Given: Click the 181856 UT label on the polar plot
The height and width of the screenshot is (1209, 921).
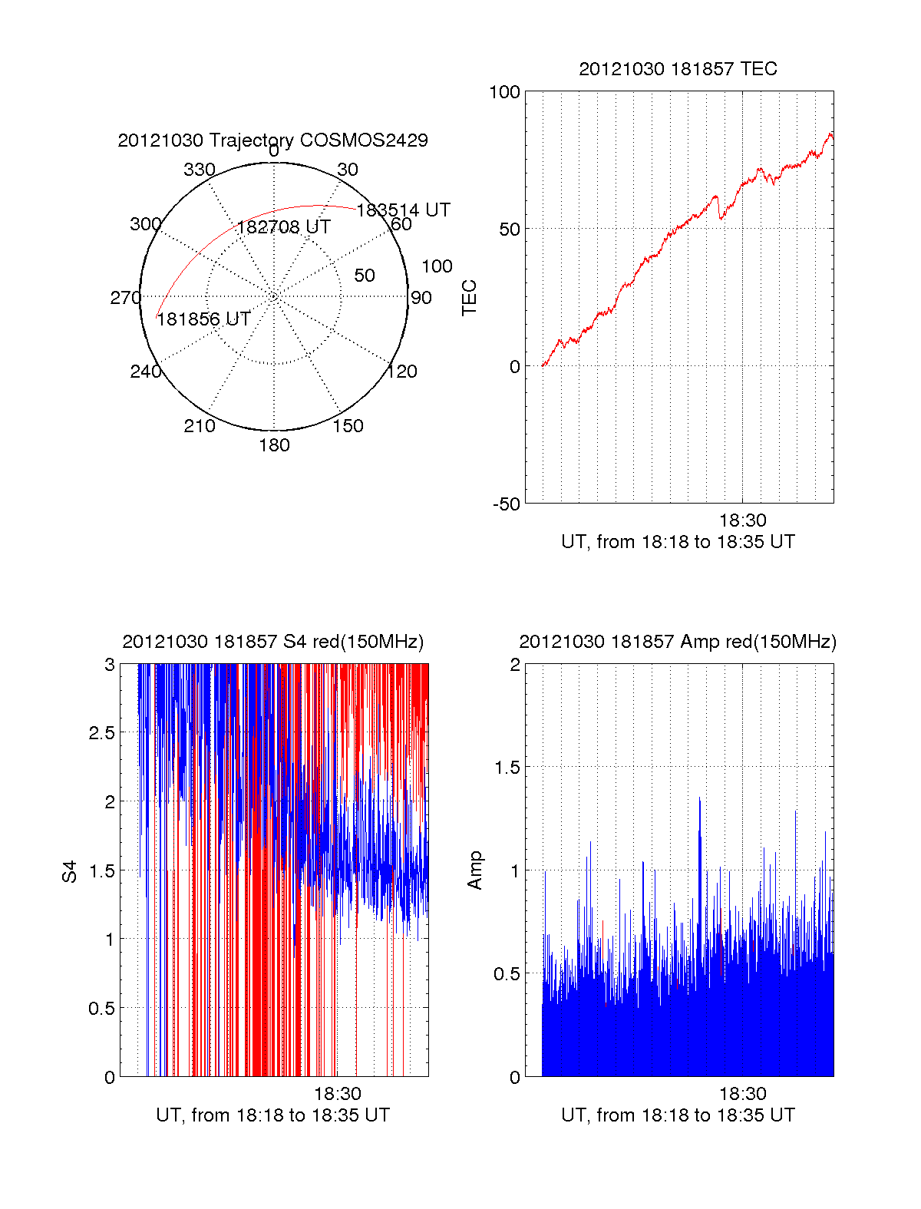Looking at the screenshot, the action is (203, 319).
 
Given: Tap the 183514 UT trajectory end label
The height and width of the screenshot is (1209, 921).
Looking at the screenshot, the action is (403, 210).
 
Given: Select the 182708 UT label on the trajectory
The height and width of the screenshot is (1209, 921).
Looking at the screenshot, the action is (283, 227).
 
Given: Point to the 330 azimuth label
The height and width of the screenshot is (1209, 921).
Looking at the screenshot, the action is (200, 170).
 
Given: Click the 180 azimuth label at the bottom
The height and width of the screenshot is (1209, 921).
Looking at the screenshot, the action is (274, 445).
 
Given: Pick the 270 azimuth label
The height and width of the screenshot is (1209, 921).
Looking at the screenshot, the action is (126, 297).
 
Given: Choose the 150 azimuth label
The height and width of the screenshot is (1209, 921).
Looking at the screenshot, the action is (348, 426).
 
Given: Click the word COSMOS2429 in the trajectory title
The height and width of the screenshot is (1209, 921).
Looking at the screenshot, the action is (364, 140).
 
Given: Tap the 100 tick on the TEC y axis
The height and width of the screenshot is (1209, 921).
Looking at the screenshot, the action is (504, 92).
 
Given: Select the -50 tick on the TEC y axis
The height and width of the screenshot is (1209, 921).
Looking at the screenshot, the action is (507, 504).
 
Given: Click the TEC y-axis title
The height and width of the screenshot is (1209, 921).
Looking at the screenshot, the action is (469, 297).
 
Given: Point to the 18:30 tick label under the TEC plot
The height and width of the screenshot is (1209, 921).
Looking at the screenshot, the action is (743, 520).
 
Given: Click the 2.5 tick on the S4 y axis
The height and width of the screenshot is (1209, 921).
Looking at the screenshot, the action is (102, 733).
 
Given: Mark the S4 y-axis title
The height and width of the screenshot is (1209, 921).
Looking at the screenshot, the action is (69, 871).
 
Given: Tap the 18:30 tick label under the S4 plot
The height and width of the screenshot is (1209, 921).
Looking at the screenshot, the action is (338, 1093).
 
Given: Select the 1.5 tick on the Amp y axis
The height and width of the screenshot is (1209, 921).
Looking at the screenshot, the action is (507, 768).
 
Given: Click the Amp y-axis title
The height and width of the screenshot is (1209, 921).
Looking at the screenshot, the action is (474, 870).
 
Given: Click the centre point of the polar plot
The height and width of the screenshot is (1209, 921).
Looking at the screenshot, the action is (273, 296).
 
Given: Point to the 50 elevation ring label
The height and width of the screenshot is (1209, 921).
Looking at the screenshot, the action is (365, 276).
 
